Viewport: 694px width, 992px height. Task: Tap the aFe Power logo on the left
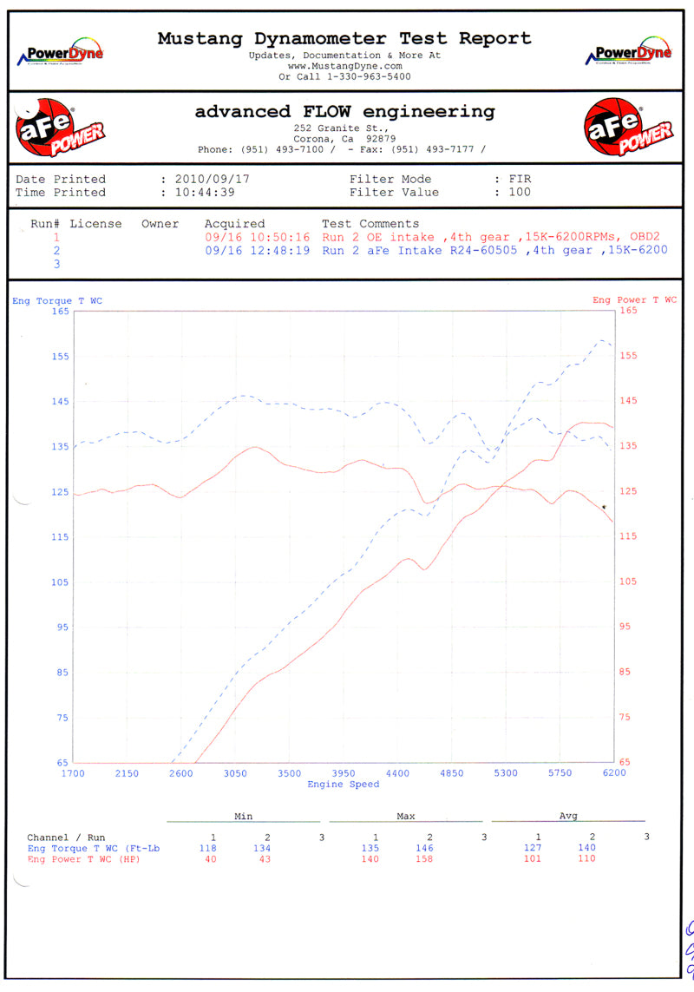click(58, 128)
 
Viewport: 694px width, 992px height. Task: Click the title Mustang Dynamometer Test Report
click(344, 38)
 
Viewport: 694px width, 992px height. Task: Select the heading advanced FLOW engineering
click(344, 112)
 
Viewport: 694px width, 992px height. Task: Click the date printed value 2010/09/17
click(212, 179)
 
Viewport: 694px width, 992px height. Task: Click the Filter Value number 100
click(519, 193)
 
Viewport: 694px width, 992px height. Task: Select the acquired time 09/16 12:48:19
click(258, 250)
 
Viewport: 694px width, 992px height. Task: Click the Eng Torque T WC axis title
click(56, 300)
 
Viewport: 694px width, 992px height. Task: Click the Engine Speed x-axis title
click(344, 785)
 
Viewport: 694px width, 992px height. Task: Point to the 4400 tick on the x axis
click(397, 773)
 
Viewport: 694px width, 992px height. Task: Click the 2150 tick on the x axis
click(127, 773)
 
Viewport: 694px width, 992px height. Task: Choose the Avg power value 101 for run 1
click(533, 859)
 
